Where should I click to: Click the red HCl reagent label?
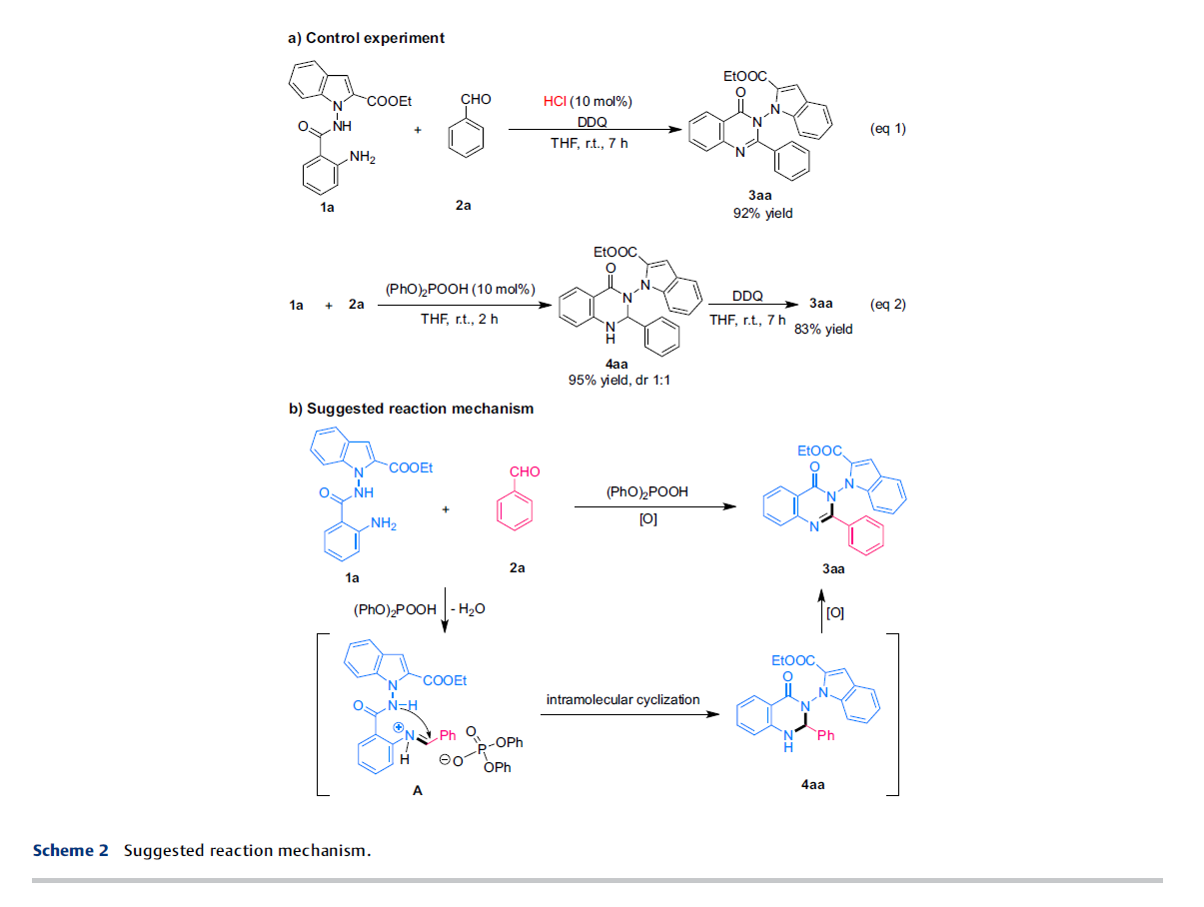pyautogui.click(x=555, y=102)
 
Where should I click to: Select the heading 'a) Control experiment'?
pyautogui.click(x=366, y=38)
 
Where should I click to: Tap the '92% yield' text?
pyautogui.click(x=762, y=214)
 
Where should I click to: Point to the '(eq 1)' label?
pyautogui.click(x=887, y=128)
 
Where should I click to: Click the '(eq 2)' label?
pyautogui.click(x=887, y=304)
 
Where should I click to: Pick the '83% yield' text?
pyautogui.click(x=823, y=329)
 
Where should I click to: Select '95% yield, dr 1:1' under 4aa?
pyautogui.click(x=618, y=380)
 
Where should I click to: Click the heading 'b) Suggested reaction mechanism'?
pyautogui.click(x=411, y=409)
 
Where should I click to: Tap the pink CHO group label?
pyautogui.click(x=525, y=471)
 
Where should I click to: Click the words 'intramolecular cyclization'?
pyautogui.click(x=622, y=699)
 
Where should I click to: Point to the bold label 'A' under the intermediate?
pyautogui.click(x=418, y=791)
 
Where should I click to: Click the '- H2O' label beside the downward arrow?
pyautogui.click(x=468, y=609)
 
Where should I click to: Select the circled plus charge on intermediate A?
pyautogui.click(x=399, y=728)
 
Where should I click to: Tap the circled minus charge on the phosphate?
pyautogui.click(x=445, y=759)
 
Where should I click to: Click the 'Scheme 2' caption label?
pyautogui.click(x=71, y=850)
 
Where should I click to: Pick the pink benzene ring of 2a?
pyautogui.click(x=514, y=511)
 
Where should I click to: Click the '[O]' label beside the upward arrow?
pyautogui.click(x=835, y=613)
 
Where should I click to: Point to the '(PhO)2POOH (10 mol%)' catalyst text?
pyautogui.click(x=461, y=289)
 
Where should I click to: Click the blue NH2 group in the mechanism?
pyautogui.click(x=384, y=523)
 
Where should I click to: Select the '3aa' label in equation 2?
pyautogui.click(x=820, y=304)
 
